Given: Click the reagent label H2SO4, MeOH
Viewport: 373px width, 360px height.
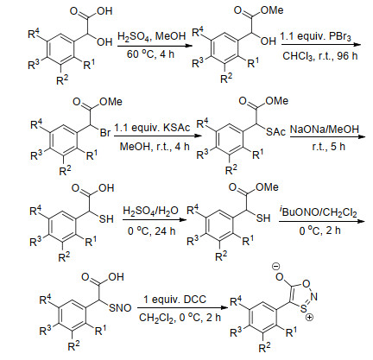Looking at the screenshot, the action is pos(152,37).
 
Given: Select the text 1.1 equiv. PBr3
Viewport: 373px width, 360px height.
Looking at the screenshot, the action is pos(316,37).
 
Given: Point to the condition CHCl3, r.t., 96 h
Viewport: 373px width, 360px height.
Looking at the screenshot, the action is pos(320,55).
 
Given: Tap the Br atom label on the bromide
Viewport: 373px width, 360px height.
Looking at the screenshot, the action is pos(105,133).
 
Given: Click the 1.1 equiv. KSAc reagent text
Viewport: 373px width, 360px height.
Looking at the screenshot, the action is pos(152,128).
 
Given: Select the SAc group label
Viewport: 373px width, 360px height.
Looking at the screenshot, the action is pos(275,131).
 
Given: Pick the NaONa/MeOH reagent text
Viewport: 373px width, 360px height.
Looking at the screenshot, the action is pos(325,129).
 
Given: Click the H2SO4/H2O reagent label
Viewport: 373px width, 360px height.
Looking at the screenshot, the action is pos(150,212).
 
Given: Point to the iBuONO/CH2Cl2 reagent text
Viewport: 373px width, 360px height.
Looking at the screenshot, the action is pos(318,212).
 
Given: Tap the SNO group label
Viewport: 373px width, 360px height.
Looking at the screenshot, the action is pos(120,308).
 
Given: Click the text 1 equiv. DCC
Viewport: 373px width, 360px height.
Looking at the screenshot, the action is pos(175,300).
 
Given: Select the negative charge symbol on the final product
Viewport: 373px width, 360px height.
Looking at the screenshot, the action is pos(275,267).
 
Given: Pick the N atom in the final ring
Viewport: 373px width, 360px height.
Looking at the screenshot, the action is pos(313,297).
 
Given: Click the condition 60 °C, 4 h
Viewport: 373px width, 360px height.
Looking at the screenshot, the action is pos(150,54).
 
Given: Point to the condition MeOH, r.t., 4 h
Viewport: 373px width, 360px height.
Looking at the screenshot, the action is pos(155,147).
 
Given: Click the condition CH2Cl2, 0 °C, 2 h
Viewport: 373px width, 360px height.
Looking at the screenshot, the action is pos(180,318).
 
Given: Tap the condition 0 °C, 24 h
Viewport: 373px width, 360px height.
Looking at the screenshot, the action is pos(152,231).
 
